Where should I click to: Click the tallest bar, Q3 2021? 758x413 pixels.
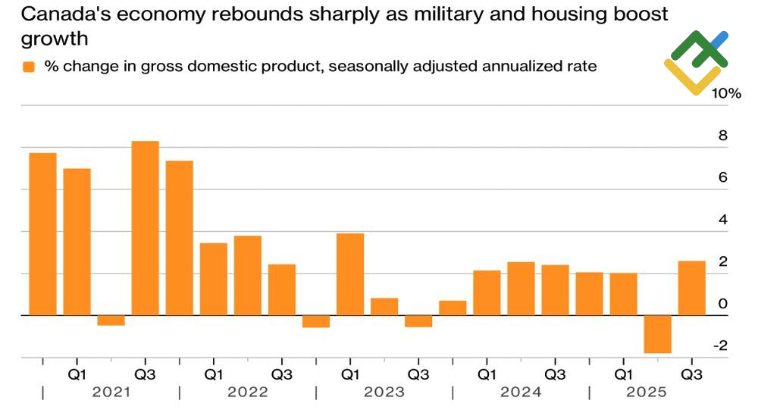145,227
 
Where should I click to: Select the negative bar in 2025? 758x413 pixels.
657,334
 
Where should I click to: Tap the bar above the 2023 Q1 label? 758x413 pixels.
350,274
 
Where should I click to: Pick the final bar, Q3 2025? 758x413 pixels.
691,288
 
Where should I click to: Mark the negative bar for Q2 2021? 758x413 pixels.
111,320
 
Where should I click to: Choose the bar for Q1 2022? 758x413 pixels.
214,278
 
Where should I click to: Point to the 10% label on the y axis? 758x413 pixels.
725,94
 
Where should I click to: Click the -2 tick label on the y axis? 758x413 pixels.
720,346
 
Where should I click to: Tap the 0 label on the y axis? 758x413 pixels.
723,304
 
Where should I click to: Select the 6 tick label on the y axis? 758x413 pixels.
723,178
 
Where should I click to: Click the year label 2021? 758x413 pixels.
111,393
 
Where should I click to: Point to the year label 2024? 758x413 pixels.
521,393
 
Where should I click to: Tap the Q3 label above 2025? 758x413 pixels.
691,374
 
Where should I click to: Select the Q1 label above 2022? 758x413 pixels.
214,374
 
